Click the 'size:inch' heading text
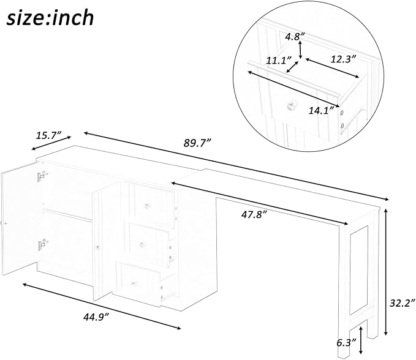point(50,18)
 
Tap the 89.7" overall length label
point(198,143)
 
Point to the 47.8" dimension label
point(254,214)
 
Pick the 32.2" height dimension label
point(402,302)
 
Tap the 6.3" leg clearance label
point(347,343)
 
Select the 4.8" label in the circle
point(295,37)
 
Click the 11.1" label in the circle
point(279,61)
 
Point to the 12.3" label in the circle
point(342,59)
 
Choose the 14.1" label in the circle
point(321,110)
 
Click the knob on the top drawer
point(147,206)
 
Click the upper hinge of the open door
point(42,176)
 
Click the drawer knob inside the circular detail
point(290,105)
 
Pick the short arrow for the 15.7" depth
point(51,143)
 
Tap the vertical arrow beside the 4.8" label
point(300,50)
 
